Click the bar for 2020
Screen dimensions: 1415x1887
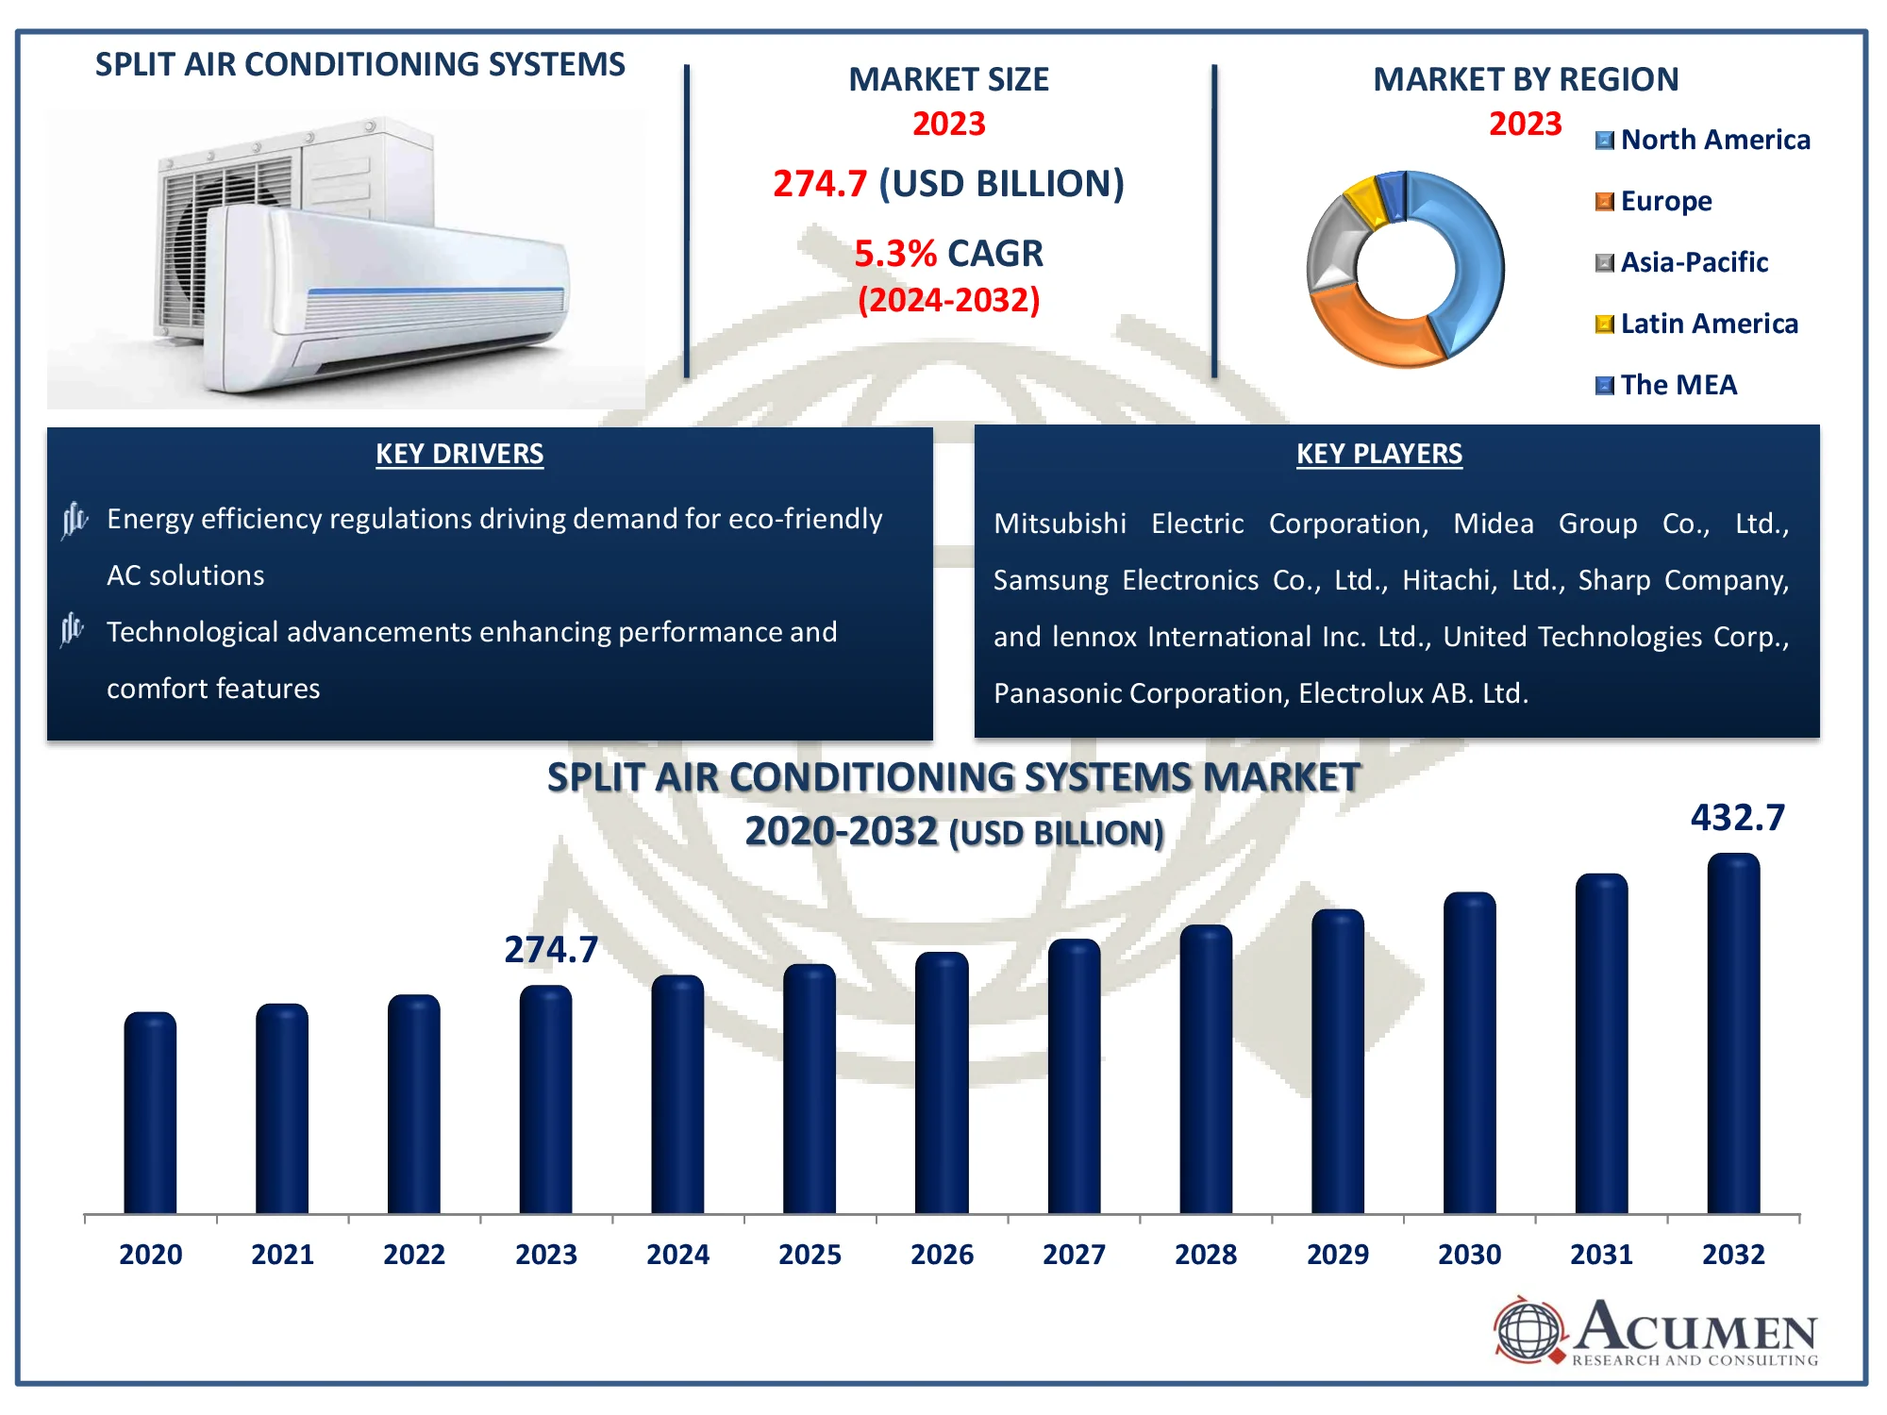(x=150, y=1113)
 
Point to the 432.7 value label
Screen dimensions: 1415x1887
(x=1737, y=818)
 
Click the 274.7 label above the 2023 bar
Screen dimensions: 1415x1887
(x=551, y=950)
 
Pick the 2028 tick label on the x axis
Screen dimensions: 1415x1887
(x=1206, y=1255)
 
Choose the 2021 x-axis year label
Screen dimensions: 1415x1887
(x=282, y=1255)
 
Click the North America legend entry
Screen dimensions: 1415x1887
(x=1714, y=141)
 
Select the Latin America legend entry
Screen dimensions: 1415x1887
(x=1708, y=325)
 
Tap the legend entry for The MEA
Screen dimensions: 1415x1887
(x=1678, y=386)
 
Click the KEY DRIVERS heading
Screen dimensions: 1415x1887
(x=459, y=455)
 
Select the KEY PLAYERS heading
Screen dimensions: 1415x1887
(x=1378, y=455)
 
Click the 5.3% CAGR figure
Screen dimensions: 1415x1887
(x=948, y=254)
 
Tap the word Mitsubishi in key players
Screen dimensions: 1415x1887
(x=1060, y=524)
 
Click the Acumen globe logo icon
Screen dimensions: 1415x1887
(x=1528, y=1331)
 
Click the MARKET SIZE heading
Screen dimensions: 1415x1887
(x=948, y=80)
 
